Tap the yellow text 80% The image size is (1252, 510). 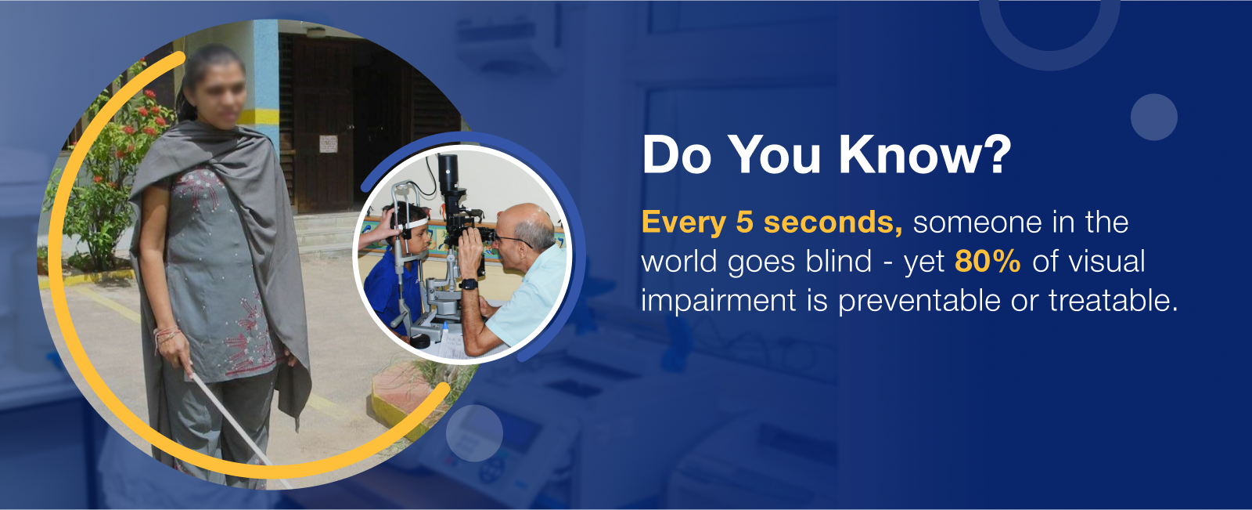(x=988, y=262)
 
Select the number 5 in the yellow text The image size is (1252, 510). (x=744, y=222)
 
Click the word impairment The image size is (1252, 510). (x=718, y=301)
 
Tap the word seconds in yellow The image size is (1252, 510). (x=833, y=222)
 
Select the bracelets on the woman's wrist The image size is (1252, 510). (x=167, y=335)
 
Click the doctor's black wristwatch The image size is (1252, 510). (x=469, y=284)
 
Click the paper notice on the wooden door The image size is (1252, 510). (x=328, y=144)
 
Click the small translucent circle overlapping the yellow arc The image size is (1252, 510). (x=474, y=432)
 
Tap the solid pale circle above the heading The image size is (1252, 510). (x=1153, y=117)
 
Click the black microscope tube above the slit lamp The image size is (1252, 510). (x=448, y=175)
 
